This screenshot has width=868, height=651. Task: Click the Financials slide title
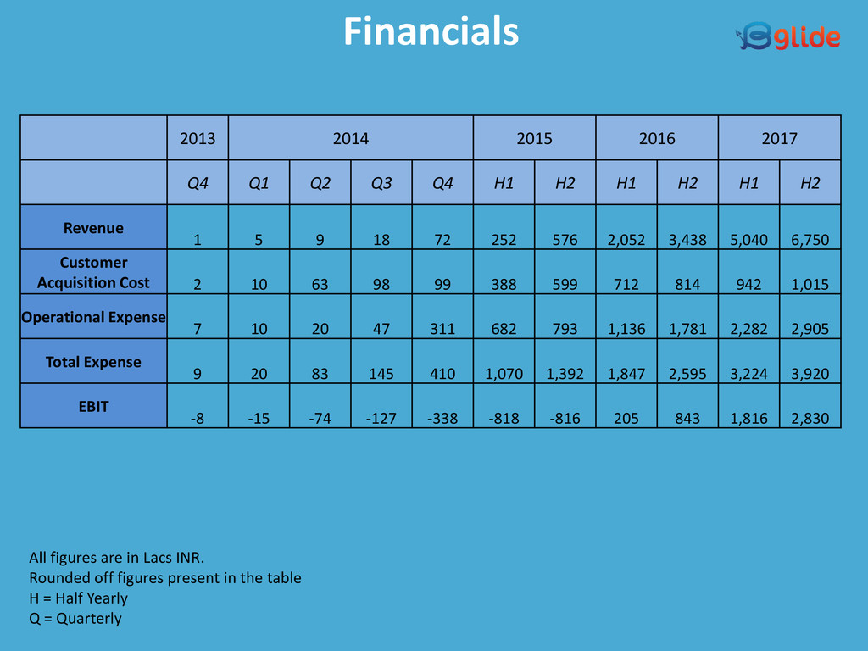coord(431,32)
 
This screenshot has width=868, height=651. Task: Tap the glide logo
coord(787,36)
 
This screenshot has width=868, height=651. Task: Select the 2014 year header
coord(350,138)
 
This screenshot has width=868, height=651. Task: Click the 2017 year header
coord(779,138)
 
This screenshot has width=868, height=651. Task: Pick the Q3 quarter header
coord(381,183)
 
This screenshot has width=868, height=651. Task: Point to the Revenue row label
coord(93,228)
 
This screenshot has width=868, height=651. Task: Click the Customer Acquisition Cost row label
coord(93,272)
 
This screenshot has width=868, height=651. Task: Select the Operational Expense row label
coord(93,317)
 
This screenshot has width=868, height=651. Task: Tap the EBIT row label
coord(93,406)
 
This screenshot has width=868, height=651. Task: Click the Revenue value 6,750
coord(810,240)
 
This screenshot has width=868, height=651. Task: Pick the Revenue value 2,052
coord(626,240)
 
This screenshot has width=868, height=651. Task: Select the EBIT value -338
coord(442,418)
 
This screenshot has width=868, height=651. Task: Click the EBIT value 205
coord(626,418)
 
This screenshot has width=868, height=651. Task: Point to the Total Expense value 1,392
coord(565,374)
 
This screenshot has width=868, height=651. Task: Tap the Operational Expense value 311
coord(442,329)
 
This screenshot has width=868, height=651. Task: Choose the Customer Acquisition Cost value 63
coord(320,285)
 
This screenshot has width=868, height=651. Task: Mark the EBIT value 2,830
coord(810,418)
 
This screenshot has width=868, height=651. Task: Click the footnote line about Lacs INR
coord(117,558)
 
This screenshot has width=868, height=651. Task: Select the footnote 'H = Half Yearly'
coord(78,598)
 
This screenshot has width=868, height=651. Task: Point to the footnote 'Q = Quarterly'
coord(75,619)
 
